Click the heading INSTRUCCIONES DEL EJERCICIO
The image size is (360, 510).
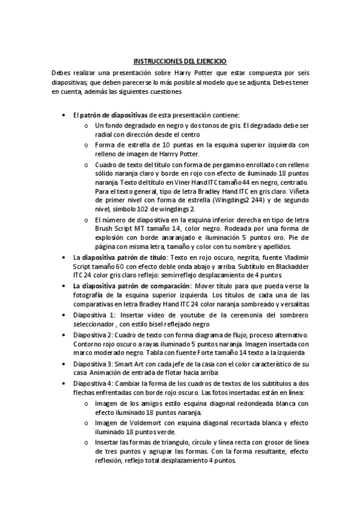(x=180, y=61)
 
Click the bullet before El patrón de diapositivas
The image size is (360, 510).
(x=64, y=98)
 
